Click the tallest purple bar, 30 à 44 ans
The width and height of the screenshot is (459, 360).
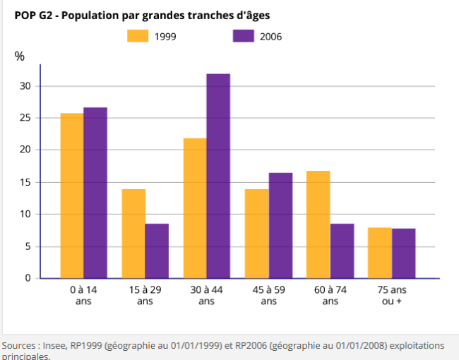point(218,176)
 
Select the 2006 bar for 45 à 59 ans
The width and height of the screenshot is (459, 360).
point(280,225)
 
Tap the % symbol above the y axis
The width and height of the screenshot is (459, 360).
point(19,56)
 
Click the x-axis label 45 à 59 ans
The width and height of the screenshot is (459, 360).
point(268,296)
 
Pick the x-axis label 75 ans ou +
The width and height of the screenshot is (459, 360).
point(391,296)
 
